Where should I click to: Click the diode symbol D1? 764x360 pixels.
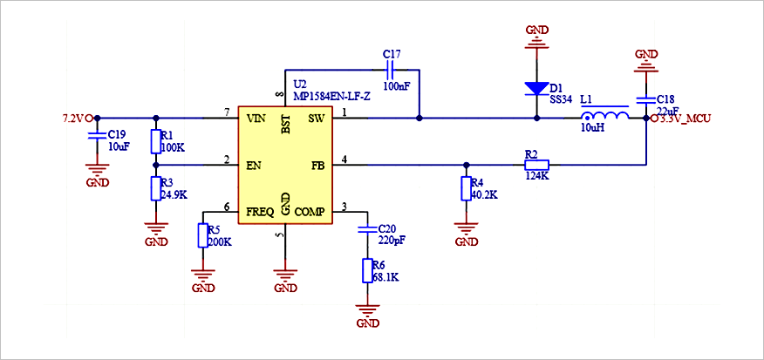pyautogui.click(x=537, y=88)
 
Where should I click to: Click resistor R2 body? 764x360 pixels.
pyautogui.click(x=536, y=165)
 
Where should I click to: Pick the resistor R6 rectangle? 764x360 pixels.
pyautogui.click(x=368, y=271)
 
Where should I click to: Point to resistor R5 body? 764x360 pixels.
pyautogui.click(x=203, y=235)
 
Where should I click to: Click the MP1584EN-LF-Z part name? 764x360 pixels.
pyautogui.click(x=331, y=97)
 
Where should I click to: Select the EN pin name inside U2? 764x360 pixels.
pyautogui.click(x=254, y=165)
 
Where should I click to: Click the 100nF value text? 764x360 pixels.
pyautogui.click(x=397, y=86)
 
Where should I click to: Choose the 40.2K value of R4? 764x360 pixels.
pyautogui.click(x=484, y=195)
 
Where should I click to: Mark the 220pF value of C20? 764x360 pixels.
pyautogui.click(x=392, y=241)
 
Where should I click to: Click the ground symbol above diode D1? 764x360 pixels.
pyautogui.click(x=537, y=40)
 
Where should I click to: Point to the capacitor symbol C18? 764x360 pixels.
pyautogui.click(x=645, y=100)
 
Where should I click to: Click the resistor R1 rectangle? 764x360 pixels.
pyautogui.click(x=155, y=142)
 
